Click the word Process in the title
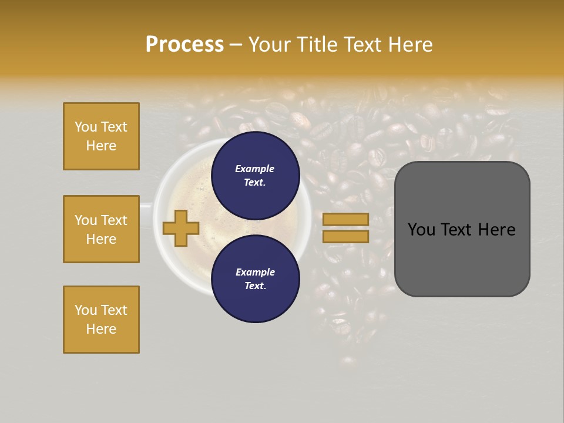(x=184, y=45)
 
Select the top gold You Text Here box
(x=101, y=136)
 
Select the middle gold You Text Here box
(x=101, y=229)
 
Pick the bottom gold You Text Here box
(x=101, y=320)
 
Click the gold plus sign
(x=181, y=228)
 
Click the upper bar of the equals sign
(x=345, y=219)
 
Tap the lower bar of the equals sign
(x=345, y=236)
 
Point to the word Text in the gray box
(x=461, y=230)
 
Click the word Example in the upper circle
(x=255, y=169)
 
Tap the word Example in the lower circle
(x=255, y=272)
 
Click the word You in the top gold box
(x=86, y=127)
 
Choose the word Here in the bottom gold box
(x=101, y=329)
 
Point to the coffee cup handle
(x=146, y=205)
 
